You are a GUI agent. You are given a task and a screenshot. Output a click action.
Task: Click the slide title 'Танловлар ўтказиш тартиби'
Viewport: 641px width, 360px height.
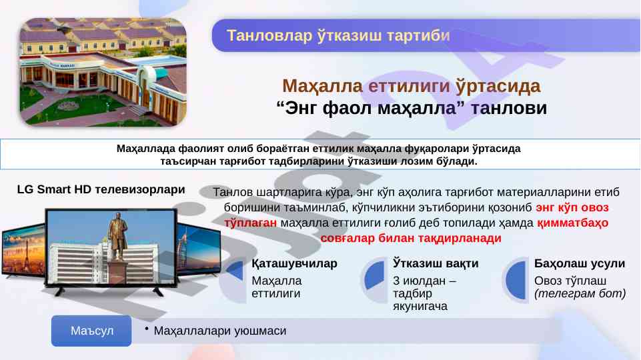point(338,35)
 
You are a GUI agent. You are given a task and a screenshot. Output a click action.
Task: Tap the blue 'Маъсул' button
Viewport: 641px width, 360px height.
point(91,331)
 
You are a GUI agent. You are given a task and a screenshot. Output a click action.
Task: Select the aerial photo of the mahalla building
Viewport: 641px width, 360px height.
point(103,72)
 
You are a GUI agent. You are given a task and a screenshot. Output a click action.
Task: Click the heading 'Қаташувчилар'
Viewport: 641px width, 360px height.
point(294,264)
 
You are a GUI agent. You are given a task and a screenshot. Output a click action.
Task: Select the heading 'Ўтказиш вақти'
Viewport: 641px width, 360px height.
point(436,263)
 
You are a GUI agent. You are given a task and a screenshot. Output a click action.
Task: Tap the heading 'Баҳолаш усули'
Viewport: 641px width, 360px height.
point(579,263)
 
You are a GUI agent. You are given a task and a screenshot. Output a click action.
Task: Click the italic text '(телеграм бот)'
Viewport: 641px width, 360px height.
point(580,293)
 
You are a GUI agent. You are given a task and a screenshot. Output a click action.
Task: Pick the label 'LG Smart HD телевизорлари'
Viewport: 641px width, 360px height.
point(101,189)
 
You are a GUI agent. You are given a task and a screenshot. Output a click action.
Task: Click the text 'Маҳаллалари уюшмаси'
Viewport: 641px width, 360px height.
point(220,331)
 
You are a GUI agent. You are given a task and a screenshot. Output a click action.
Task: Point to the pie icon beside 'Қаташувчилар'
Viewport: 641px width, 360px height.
point(234,270)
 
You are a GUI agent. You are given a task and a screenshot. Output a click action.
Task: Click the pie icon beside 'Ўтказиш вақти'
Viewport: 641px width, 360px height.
point(374,275)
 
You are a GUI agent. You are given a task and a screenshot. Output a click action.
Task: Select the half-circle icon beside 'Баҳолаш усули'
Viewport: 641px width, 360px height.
point(516,280)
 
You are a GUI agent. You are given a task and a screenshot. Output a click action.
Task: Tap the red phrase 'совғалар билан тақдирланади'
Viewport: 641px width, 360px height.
point(411,238)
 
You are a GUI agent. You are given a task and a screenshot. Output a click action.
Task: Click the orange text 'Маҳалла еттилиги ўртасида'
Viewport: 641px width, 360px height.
point(412,86)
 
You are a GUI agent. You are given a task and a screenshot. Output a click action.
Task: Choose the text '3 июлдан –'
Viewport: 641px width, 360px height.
point(424,281)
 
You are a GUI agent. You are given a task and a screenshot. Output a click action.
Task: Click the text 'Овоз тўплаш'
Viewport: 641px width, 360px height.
point(570,281)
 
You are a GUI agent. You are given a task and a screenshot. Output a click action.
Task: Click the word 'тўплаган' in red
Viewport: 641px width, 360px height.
point(250,223)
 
